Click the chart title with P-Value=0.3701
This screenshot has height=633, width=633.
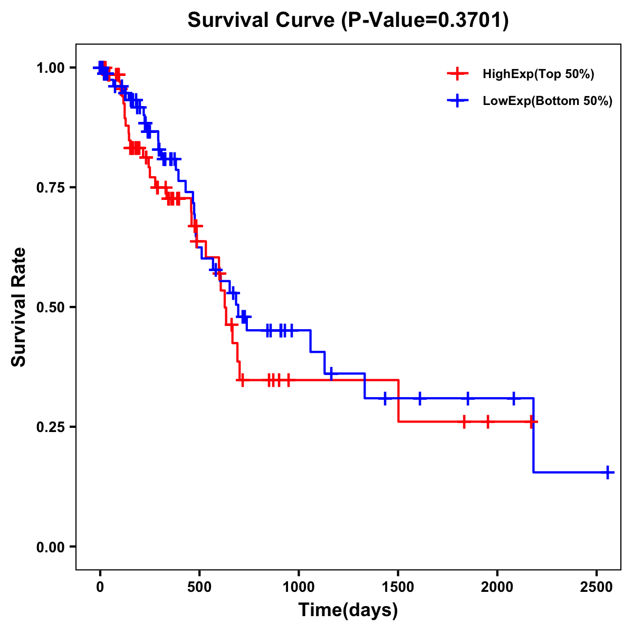(x=348, y=21)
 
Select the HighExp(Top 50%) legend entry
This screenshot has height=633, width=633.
(x=538, y=74)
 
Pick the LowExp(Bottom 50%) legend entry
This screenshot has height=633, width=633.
(x=547, y=101)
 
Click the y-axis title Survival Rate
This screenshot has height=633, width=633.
(x=19, y=307)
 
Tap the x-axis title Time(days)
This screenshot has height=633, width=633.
(x=348, y=610)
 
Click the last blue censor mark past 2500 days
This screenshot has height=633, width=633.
(x=608, y=472)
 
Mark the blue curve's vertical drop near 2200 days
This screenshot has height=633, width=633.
(x=534, y=435)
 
